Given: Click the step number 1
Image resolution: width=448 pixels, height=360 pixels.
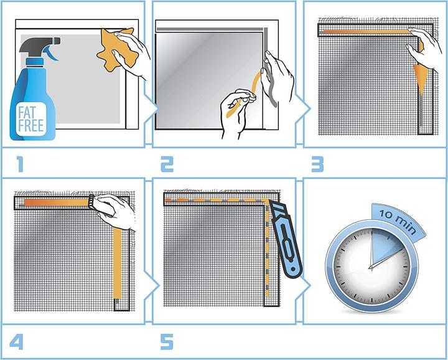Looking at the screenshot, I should pos(19,164).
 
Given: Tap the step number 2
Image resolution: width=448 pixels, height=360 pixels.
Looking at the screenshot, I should pos(166,164).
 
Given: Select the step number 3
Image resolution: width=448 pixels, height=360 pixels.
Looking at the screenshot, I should pos(317,164).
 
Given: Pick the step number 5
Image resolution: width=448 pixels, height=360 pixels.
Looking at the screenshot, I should pos(166,342).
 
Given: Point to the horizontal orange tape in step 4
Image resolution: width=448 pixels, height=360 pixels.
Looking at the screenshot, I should pos(56,202).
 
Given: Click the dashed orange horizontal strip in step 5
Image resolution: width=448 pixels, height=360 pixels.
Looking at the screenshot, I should pos(215,200).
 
